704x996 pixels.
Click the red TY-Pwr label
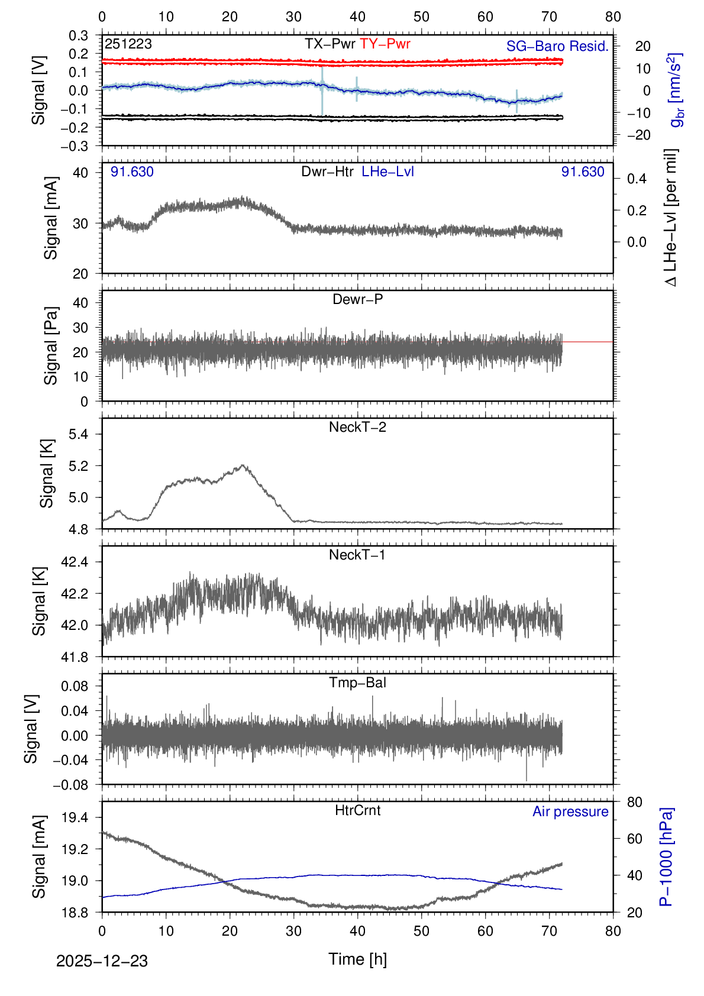coord(385,44)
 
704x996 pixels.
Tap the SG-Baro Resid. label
coord(557,46)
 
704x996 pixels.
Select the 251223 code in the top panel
coord(128,44)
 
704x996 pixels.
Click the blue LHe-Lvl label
coord(387,172)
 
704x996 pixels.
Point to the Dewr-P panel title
coord(357,299)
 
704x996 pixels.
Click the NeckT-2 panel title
coord(357,427)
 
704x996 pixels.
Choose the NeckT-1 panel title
coord(357,555)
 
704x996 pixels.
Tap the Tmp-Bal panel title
coord(357,683)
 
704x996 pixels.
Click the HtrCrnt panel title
coord(357,810)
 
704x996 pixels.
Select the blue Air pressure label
coord(570,811)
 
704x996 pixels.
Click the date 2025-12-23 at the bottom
coord(102,961)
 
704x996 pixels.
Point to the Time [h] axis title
coord(357,959)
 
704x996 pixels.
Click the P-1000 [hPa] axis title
coord(666,856)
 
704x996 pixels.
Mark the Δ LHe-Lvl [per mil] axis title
coord(671,218)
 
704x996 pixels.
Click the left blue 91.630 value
coord(132,172)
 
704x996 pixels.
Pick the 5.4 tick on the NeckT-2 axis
coord(78,434)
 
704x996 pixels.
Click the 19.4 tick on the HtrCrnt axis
coord(75,817)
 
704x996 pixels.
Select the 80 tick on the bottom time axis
coord(613,931)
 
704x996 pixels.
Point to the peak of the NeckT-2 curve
coord(243,465)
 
